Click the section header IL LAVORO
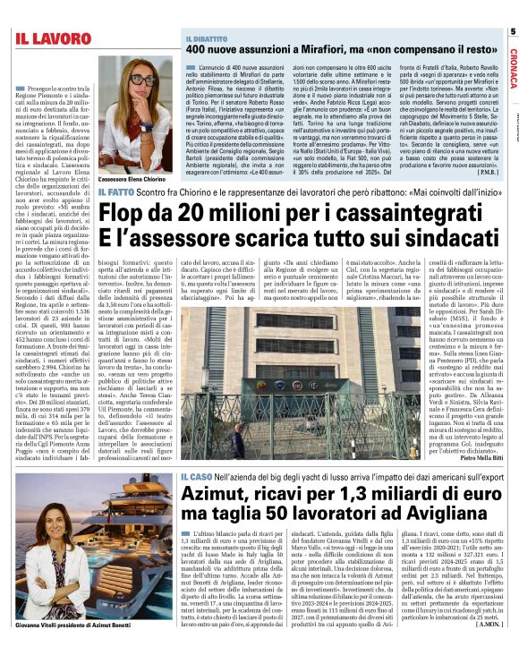click(x=53, y=38)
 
